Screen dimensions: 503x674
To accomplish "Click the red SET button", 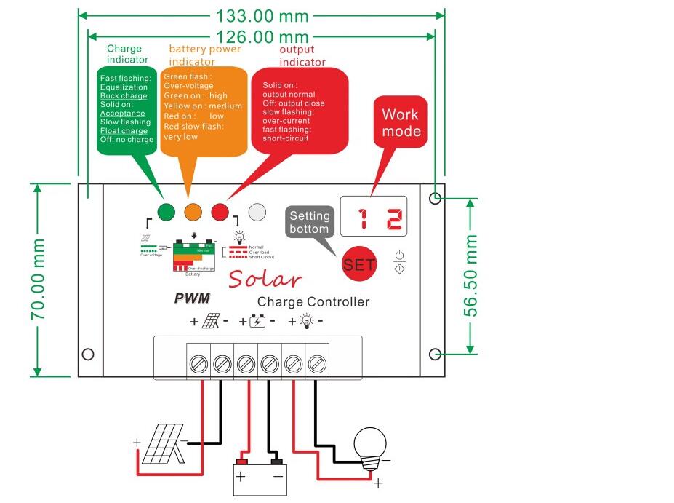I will coord(359,265).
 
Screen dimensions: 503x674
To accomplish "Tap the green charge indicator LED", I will coord(167,212).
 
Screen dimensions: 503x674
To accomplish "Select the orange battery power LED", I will coord(193,212).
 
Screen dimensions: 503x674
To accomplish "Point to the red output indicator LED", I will coord(220,212).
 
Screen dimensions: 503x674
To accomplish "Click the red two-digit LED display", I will coord(373,217).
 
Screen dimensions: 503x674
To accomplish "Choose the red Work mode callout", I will coord(401,124).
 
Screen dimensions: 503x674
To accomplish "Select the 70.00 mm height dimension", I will coord(39,280).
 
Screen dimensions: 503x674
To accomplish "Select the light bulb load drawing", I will coord(369,447).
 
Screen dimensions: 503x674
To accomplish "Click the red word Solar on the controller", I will coord(265,278).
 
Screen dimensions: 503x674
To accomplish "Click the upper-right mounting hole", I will coord(435,198).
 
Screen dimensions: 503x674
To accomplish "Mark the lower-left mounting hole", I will coord(88,355).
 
